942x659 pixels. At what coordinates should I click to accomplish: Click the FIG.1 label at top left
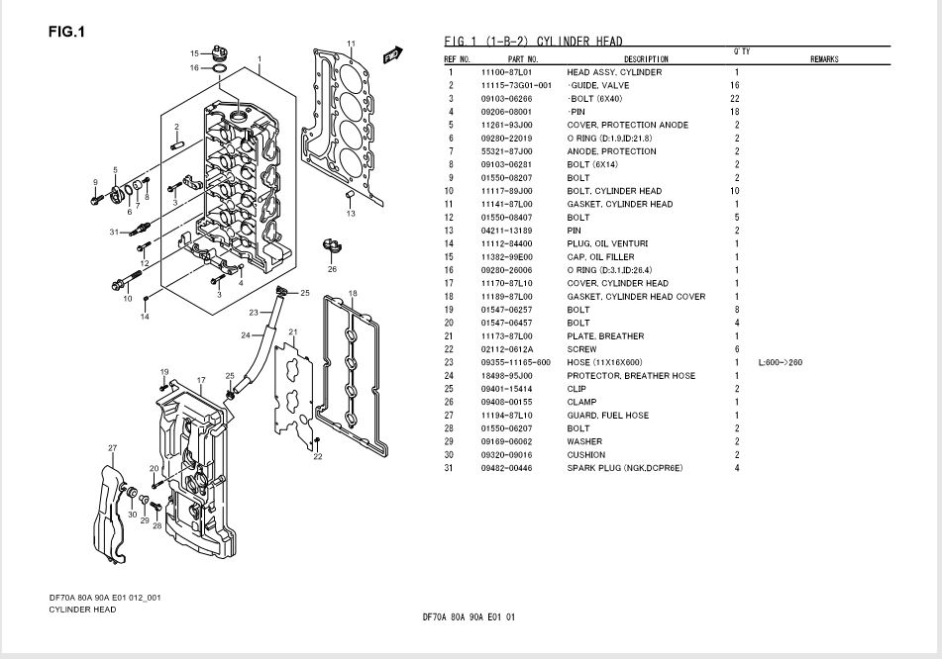tap(66, 32)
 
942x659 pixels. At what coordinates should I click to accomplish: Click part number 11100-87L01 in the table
tap(506, 72)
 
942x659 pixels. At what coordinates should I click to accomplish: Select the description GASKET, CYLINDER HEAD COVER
tap(636, 297)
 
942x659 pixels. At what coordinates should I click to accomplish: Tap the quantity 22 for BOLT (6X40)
tap(735, 99)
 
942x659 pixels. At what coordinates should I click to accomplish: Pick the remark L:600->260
tap(780, 362)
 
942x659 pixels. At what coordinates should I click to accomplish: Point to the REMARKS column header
tap(824, 60)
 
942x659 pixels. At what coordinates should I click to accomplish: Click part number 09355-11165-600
tap(515, 362)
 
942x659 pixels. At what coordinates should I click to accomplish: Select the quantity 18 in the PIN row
tap(735, 112)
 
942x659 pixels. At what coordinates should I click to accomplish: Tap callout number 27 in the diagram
tap(112, 448)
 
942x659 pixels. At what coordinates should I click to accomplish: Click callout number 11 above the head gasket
tap(351, 44)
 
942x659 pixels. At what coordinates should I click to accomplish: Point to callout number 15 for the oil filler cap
tap(195, 52)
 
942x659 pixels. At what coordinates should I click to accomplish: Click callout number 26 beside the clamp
tap(332, 268)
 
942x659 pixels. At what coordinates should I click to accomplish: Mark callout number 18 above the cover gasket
tap(353, 293)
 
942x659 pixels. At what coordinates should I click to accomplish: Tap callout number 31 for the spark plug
tap(114, 232)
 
